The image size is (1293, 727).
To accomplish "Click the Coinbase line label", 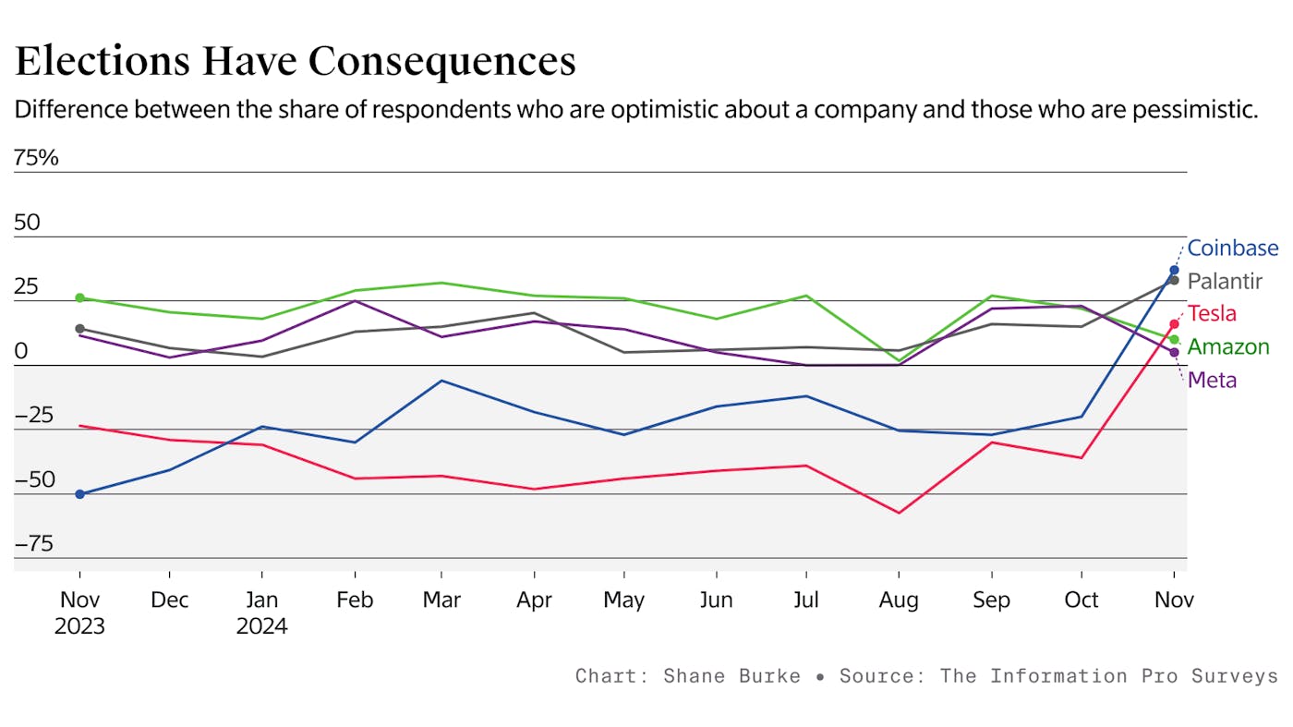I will pos(1232,248).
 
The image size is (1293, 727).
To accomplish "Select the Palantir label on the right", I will pos(1224,281).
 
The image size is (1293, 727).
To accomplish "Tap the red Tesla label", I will pos(1212,313).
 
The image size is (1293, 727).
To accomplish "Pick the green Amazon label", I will pos(1227,347).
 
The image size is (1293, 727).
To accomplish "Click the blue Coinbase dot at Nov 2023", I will pos(79,494).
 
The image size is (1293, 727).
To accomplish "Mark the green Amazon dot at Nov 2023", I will pos(79,297).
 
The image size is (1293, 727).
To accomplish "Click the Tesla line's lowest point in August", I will pos(899,513).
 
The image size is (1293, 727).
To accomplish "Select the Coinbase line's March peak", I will pos(441,381).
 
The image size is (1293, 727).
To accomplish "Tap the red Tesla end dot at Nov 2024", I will pos(1174,324).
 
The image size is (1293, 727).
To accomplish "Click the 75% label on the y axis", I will pos(36,158).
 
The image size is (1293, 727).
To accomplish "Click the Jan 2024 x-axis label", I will pos(261,612).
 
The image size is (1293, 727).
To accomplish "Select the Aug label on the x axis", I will pos(899,600).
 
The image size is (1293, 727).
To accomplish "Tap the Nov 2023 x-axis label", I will pos(79,612).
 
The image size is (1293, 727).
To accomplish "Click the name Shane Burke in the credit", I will pos(731,676).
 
